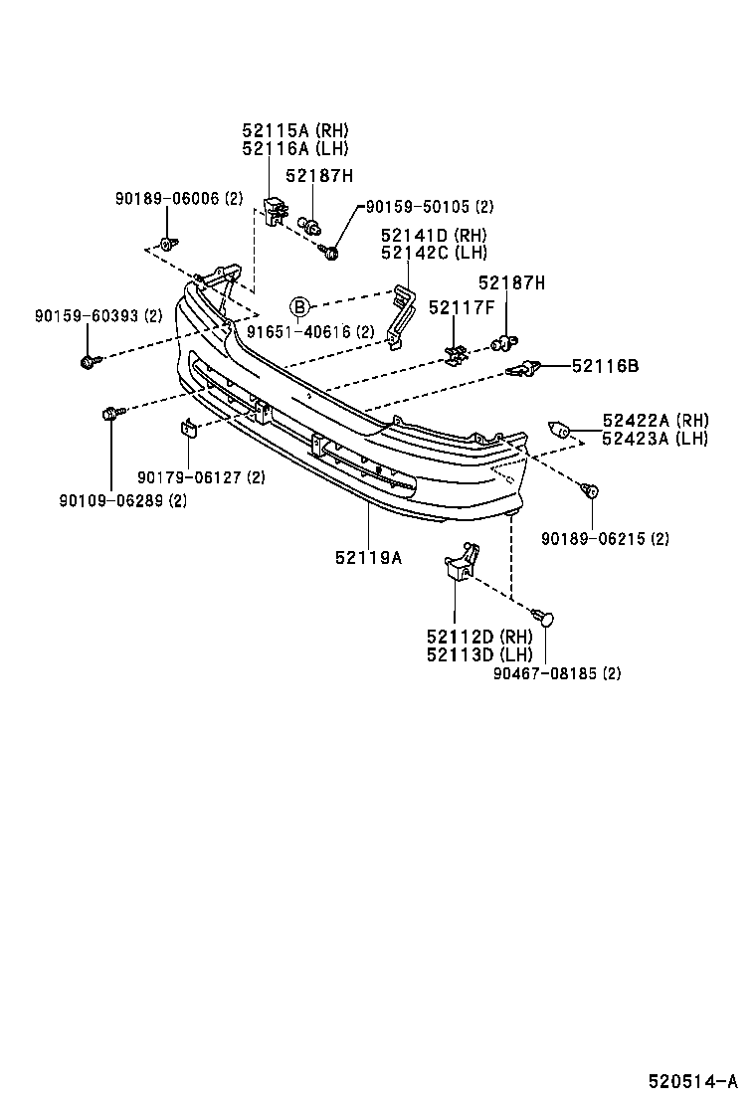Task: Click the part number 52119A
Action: click(x=368, y=558)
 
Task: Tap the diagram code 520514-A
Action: click(x=693, y=1081)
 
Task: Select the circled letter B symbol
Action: click(x=300, y=307)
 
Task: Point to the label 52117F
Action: click(x=462, y=308)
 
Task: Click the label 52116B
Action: click(x=605, y=366)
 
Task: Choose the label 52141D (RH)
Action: click(x=434, y=236)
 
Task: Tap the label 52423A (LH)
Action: click(x=655, y=439)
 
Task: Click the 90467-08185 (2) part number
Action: click(x=557, y=673)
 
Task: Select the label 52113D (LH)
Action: click(x=479, y=654)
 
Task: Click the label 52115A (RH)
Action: click(x=295, y=130)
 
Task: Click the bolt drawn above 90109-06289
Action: click(x=110, y=412)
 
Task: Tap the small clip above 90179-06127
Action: click(x=185, y=429)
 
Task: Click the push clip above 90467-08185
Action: click(x=543, y=618)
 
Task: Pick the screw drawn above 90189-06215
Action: click(x=590, y=489)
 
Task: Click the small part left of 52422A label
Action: click(x=560, y=431)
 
